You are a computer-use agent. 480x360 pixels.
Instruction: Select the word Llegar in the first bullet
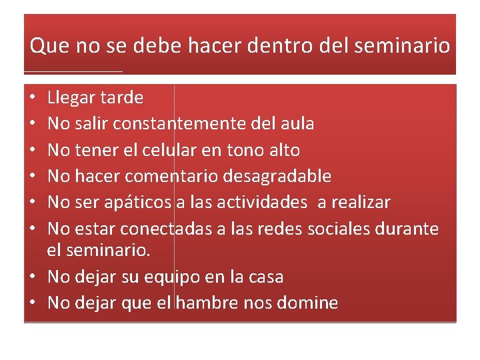point(71,98)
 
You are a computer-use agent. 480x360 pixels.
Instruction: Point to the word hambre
point(204,303)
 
